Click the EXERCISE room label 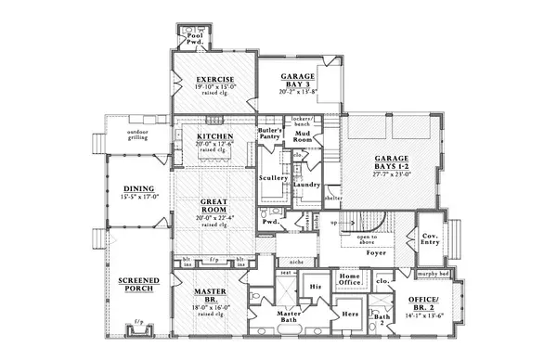point(214,80)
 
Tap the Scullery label point(273,177)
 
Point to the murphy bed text point(433,275)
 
